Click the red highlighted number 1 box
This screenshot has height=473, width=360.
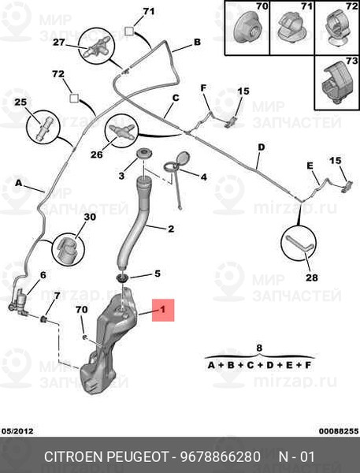pos(163,310)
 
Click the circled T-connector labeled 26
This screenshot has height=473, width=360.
pos(121,131)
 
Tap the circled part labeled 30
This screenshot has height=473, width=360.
pos(69,249)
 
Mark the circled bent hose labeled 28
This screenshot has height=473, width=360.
pos(299,243)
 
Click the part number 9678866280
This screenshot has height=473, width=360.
pos(221,456)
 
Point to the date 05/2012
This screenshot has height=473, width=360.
pos(17,431)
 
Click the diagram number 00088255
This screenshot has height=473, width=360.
pos(339,431)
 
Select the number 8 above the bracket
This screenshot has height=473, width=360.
pos(259,348)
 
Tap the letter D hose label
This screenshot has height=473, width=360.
pos(261,147)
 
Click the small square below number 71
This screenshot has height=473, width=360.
pos(129,32)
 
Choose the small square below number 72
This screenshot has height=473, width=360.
pos(74,98)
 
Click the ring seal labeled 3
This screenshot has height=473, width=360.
pos(143,154)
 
